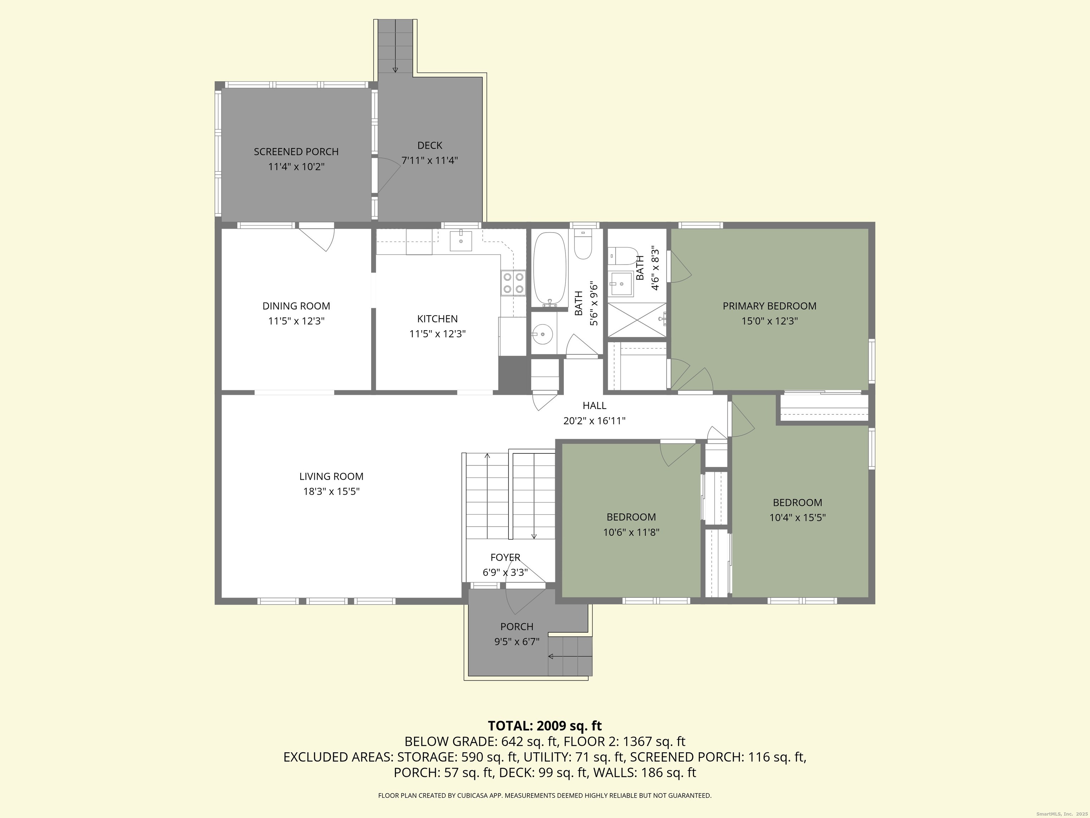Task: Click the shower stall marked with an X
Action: tap(637, 320)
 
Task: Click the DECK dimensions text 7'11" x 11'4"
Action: tap(430, 160)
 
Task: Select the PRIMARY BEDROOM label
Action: tap(769, 306)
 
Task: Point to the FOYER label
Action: tap(505, 557)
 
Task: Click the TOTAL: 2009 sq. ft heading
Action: tap(545, 726)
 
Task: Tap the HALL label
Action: tap(594, 406)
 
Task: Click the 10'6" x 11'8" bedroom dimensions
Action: tap(631, 533)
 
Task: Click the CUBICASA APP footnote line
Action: tap(545, 795)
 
